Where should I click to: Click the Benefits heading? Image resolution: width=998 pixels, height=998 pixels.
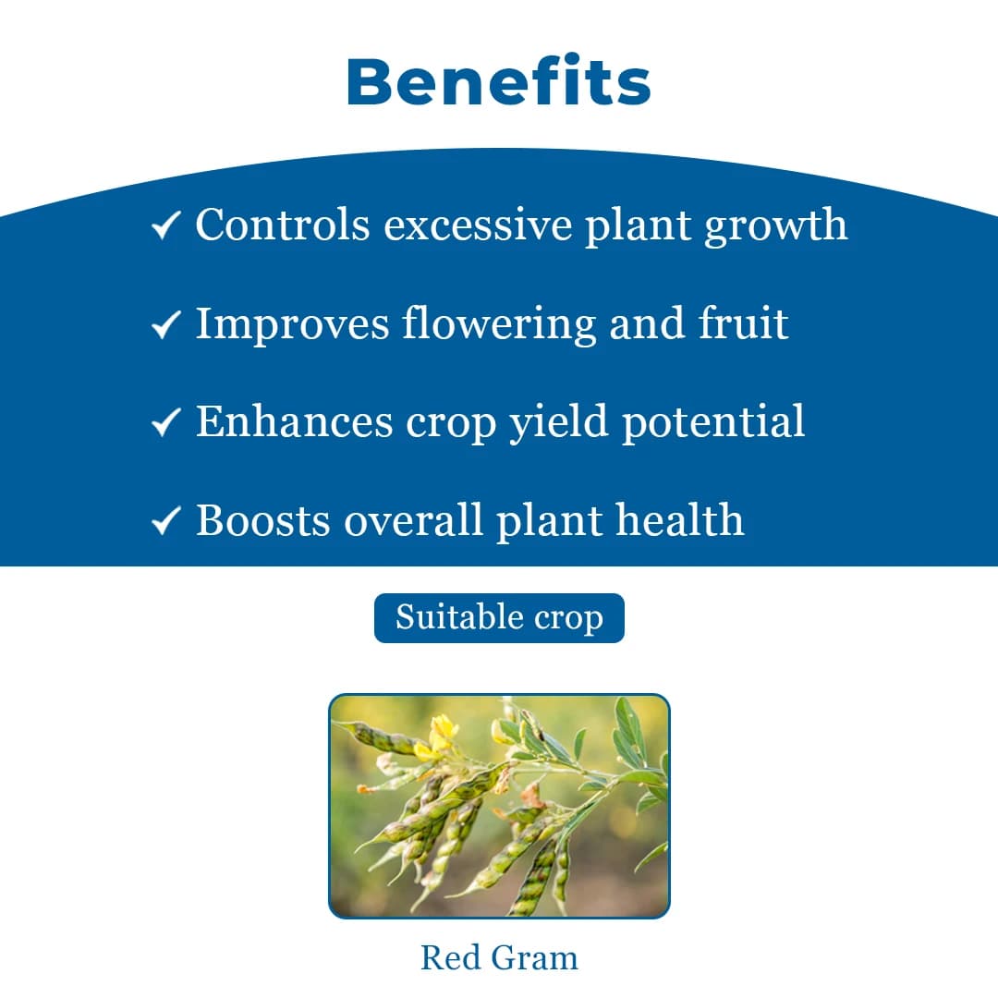click(x=499, y=82)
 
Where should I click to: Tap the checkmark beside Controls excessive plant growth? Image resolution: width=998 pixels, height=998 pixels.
click(x=165, y=225)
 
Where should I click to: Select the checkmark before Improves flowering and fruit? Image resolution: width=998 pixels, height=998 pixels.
click(x=165, y=324)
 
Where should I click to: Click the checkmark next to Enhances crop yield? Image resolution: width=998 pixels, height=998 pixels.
click(x=165, y=423)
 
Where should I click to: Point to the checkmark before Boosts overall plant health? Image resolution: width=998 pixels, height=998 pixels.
click(x=165, y=522)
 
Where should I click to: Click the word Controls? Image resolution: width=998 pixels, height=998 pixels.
click(x=283, y=225)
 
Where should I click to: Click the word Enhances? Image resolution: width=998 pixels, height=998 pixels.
click(x=295, y=422)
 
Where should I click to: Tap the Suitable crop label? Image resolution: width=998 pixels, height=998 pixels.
click(x=499, y=617)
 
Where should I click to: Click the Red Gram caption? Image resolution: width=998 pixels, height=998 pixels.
click(x=499, y=957)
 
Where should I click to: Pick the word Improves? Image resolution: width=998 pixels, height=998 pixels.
click(x=292, y=324)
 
